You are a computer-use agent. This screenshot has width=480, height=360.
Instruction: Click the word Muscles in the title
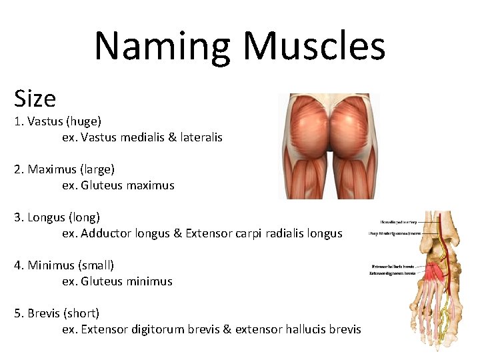pos(314,47)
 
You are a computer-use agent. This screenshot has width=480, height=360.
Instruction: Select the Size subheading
pos(35,99)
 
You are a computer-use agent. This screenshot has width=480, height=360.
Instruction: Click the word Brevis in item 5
pos(44,313)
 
